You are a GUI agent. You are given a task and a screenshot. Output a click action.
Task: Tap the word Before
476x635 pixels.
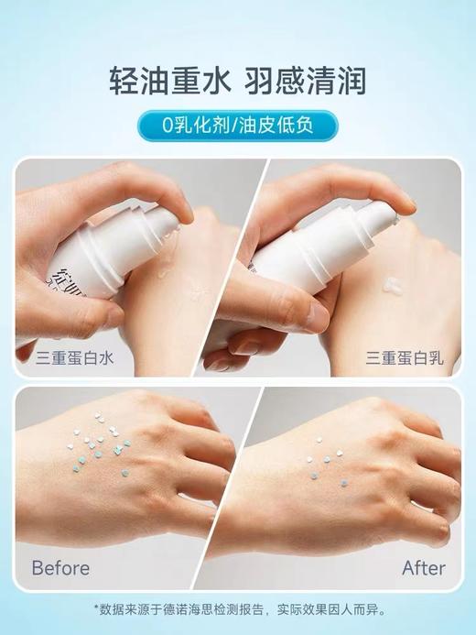(x=60, y=568)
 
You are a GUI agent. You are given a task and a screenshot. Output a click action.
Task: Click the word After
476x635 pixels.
(x=424, y=568)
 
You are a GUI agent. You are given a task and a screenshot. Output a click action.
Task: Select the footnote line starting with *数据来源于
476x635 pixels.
(x=237, y=608)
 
